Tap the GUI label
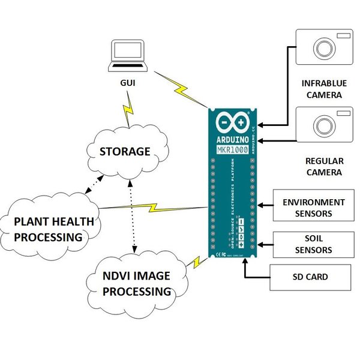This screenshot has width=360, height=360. click(x=127, y=83)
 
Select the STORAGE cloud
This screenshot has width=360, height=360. click(x=125, y=151)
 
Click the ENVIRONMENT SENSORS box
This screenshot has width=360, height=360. click(x=313, y=208)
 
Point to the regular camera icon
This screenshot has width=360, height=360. click(x=325, y=124)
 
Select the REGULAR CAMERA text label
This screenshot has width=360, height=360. click(x=324, y=167)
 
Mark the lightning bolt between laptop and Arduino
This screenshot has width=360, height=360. click(x=181, y=89)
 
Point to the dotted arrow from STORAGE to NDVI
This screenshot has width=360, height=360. click(x=131, y=216)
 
